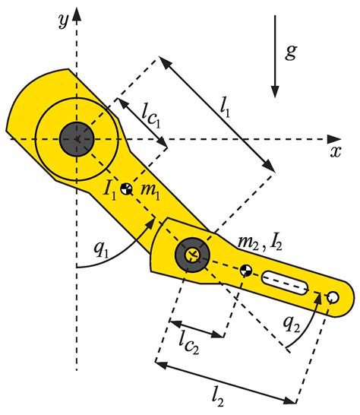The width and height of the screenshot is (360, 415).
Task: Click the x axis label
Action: (x=335, y=150)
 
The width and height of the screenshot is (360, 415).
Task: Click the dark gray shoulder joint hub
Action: (x=75, y=138)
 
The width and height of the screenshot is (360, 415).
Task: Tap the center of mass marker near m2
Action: (x=245, y=270)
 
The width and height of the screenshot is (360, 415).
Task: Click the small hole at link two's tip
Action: (x=332, y=296)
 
